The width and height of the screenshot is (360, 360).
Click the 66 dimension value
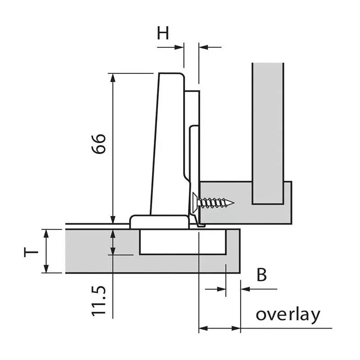[x=99, y=144]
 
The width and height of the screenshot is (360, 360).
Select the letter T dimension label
[x=31, y=251]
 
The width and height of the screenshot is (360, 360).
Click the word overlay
[x=288, y=315]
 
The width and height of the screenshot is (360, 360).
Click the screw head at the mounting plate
[x=194, y=202]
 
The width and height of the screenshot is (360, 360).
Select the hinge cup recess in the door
[x=182, y=243]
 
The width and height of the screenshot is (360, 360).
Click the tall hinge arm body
[x=169, y=144]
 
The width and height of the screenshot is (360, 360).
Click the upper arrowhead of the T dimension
[x=46, y=233]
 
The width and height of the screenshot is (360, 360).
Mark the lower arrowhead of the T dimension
[x=46, y=269]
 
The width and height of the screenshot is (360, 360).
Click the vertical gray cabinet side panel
[x=267, y=130]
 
